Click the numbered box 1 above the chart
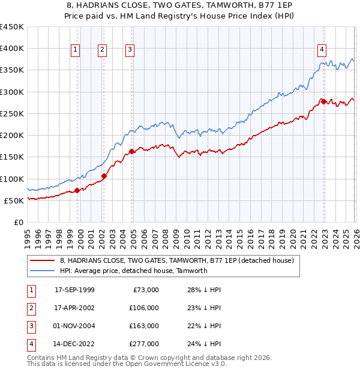point(76,50)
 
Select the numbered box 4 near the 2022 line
point(322,50)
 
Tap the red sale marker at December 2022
point(323,102)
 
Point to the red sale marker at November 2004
point(131,152)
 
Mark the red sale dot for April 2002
point(104,176)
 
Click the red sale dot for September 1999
point(77,190)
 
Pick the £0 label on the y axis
point(19,223)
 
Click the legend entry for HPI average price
point(133,271)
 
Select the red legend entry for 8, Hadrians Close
point(176,260)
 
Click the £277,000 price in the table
point(143,344)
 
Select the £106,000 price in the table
point(143,308)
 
